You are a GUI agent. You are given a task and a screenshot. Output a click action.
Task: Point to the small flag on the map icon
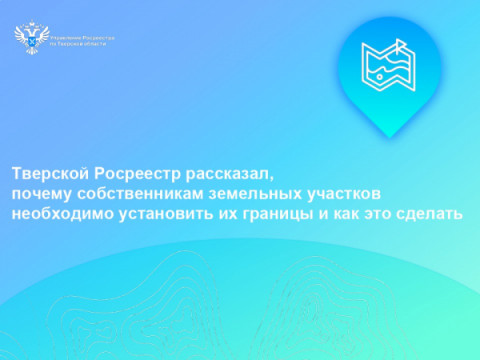[x=402, y=45]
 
